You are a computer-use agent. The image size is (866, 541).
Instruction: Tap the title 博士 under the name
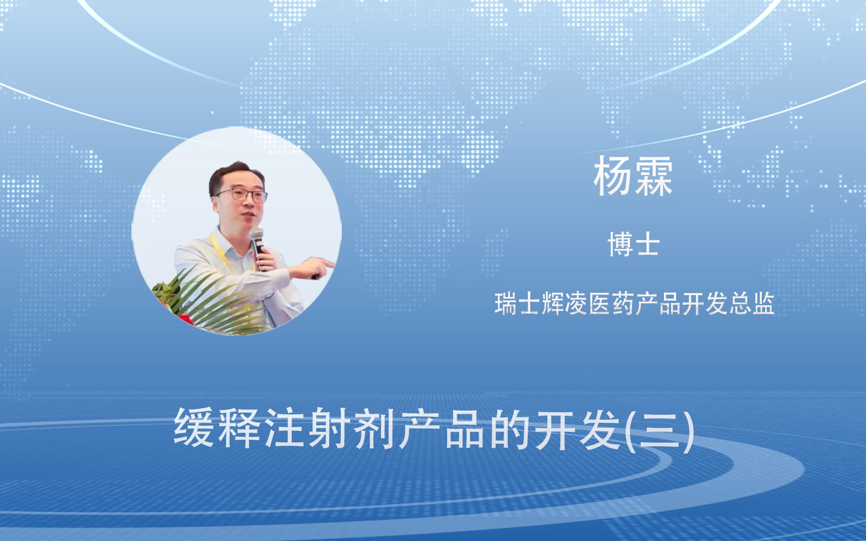pyautogui.click(x=633, y=245)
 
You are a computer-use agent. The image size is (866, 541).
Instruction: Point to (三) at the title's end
pyautogui.click(x=662, y=429)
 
